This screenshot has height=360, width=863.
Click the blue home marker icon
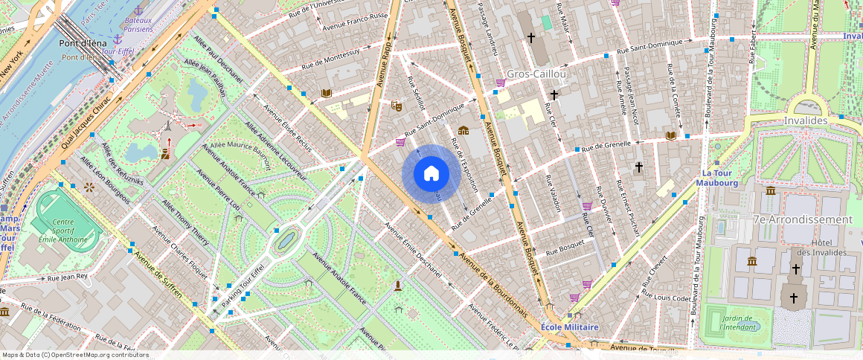[x=431, y=174]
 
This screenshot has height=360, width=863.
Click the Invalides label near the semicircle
[x=806, y=120]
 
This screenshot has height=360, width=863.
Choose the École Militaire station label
[x=570, y=327]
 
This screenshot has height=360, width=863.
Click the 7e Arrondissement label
[x=803, y=219]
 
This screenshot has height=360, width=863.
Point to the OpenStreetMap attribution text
[x=76, y=355]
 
